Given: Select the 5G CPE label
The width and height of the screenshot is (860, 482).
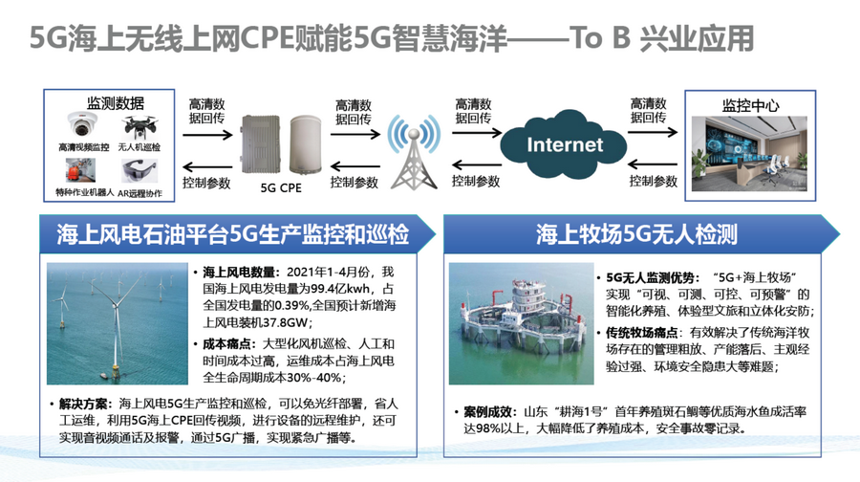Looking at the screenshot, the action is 281,187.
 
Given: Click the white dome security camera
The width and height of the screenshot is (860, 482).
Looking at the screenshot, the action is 82,124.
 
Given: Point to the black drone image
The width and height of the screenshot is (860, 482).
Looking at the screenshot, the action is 140,127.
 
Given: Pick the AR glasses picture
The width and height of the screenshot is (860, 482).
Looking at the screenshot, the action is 140,170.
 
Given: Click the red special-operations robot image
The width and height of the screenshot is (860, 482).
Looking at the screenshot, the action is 80,170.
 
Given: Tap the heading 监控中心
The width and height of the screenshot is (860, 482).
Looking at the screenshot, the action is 750,105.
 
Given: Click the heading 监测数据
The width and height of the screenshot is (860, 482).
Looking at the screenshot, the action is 116,102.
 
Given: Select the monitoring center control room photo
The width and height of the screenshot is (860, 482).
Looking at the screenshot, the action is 749,154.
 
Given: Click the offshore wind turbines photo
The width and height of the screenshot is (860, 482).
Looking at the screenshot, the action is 118,323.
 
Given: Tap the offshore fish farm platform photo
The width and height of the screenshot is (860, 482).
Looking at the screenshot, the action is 521,323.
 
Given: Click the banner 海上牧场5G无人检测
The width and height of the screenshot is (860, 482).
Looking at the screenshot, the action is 636,234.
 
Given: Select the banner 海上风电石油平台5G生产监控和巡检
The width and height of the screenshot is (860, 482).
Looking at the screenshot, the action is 233,234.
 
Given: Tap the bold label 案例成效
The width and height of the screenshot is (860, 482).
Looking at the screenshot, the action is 487,411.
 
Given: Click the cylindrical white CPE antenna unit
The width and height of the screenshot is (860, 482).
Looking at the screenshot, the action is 306,143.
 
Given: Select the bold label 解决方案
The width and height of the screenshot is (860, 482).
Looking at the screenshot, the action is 83,404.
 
